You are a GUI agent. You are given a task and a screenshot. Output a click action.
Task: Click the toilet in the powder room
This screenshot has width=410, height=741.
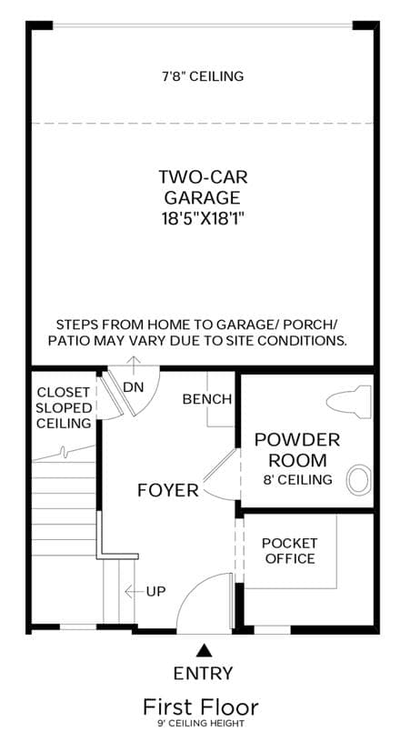(348, 402)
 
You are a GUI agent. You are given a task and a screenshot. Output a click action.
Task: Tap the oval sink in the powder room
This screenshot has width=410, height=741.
(358, 480)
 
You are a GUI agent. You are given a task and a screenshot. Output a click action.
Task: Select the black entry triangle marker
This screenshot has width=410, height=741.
(204, 650)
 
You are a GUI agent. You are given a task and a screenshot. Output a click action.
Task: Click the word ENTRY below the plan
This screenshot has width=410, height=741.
(203, 673)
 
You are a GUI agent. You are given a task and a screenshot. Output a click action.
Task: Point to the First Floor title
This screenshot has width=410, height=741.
(201, 707)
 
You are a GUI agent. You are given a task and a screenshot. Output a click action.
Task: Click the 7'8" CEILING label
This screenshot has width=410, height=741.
(203, 76)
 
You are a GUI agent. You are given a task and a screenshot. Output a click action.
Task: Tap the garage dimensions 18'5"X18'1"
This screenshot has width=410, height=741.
(203, 218)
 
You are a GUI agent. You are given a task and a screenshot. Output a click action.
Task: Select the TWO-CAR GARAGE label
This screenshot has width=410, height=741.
(203, 186)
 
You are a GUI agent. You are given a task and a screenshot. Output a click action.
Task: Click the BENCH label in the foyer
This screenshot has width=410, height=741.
(207, 399)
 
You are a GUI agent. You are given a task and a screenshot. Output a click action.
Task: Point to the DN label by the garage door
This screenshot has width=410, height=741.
(134, 387)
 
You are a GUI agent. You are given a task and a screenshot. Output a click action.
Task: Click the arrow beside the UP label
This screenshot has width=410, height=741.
(135, 591)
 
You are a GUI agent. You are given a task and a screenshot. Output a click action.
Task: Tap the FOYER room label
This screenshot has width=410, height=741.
(168, 490)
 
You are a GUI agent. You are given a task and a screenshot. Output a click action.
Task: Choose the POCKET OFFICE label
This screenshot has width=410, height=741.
(290, 551)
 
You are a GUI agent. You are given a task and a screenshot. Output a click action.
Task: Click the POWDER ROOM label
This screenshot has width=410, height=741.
(297, 449)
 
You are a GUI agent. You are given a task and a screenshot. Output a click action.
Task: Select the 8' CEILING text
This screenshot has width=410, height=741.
(297, 480)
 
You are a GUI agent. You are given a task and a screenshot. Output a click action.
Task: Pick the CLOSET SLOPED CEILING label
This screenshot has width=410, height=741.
(64, 407)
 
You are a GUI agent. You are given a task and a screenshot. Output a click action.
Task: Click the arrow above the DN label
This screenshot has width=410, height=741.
(135, 366)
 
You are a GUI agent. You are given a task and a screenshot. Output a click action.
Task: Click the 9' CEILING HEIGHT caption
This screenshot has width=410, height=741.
(201, 724)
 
